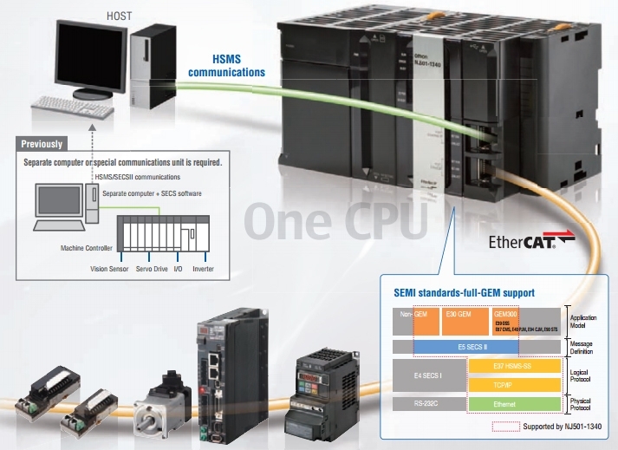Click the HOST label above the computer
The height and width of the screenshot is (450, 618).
coord(118,15)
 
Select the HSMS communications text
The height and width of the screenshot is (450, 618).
coord(226,66)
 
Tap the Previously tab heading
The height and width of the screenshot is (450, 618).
coord(42,144)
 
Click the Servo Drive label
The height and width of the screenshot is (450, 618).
coord(150,270)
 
